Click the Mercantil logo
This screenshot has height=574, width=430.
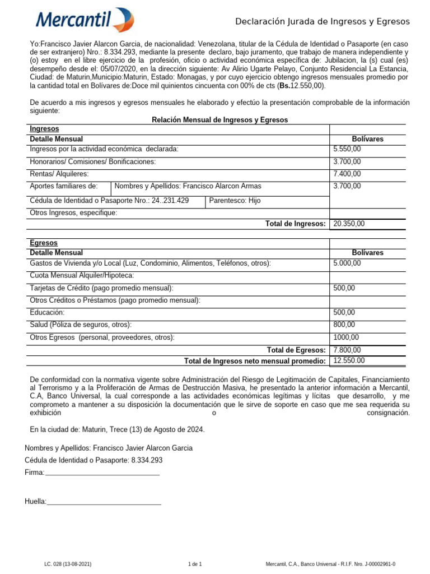(85, 20)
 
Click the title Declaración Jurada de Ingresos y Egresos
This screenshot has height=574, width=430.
(322, 21)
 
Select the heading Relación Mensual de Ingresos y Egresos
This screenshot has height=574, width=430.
(220, 120)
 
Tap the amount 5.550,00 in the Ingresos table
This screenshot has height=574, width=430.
(347, 149)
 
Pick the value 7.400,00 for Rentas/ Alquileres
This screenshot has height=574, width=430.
(347, 174)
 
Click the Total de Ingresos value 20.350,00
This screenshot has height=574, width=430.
(349, 224)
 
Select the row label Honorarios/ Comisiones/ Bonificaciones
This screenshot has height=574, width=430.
(92, 161)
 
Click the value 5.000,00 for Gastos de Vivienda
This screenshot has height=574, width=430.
(347, 263)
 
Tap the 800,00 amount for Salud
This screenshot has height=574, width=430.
(344, 325)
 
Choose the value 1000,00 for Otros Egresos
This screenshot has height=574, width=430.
(346, 337)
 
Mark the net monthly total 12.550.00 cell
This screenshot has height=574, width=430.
(349, 360)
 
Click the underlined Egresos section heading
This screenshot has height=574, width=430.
(44, 243)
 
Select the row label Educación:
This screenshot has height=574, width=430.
(47, 312)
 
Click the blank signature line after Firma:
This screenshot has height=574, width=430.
(102, 474)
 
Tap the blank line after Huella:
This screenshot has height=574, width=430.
(104, 503)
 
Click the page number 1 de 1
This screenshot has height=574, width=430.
(195, 564)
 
